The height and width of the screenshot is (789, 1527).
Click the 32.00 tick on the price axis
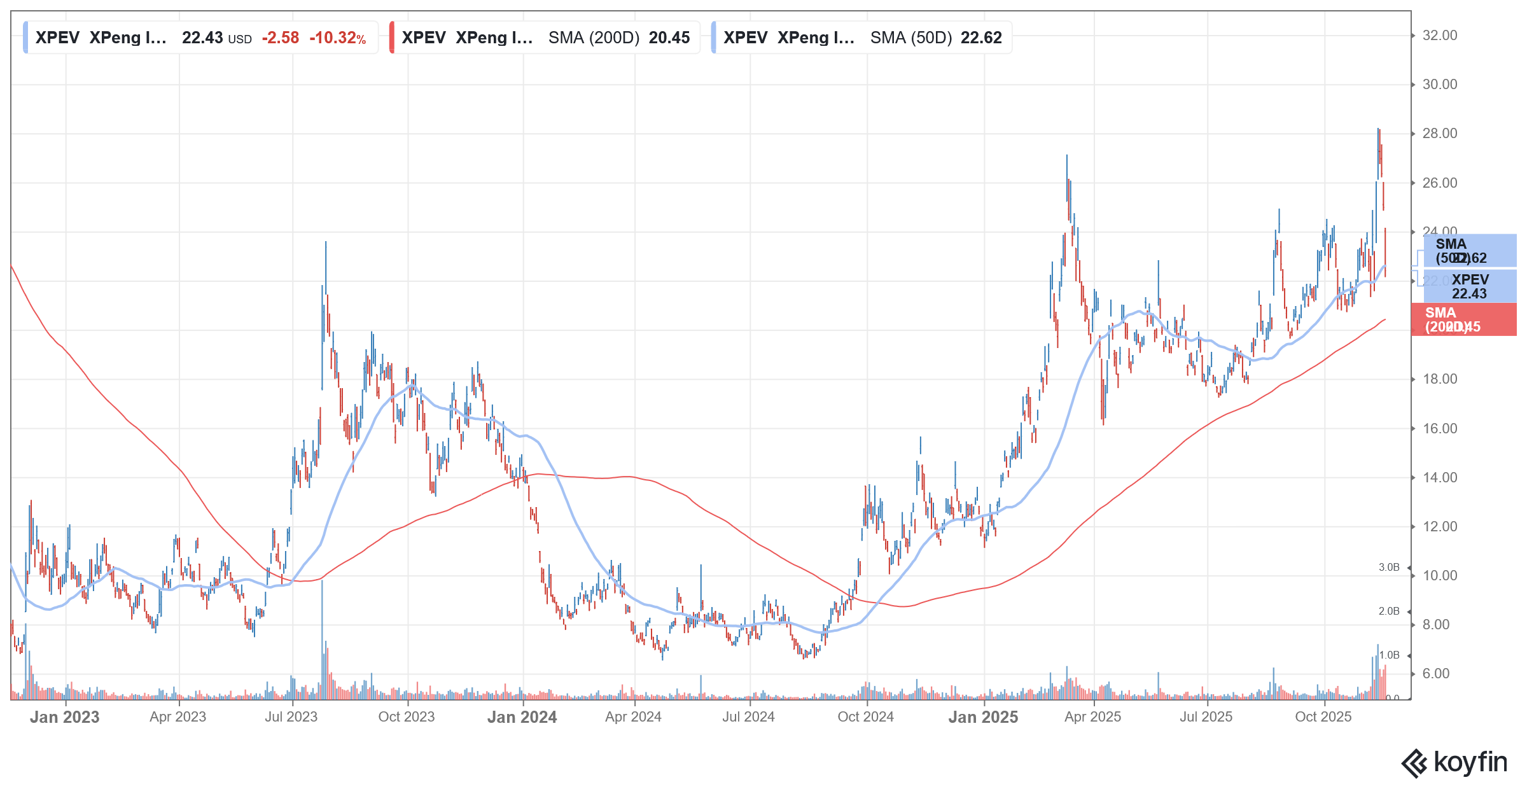click(x=1439, y=36)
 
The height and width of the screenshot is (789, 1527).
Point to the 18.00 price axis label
click(x=1439, y=379)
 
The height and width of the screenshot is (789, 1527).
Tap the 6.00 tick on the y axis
click(x=1435, y=674)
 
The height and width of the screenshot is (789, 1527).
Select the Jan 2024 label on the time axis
click(x=522, y=717)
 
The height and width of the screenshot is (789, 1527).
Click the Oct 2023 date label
click(x=406, y=717)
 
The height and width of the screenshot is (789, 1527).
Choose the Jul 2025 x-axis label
click(x=1206, y=717)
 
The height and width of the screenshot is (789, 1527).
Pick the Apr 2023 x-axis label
click(x=178, y=717)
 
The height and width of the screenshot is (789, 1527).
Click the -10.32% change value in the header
click(x=337, y=38)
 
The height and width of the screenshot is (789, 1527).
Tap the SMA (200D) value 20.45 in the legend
click(x=669, y=38)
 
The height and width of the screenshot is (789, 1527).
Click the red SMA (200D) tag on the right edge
click(x=1463, y=319)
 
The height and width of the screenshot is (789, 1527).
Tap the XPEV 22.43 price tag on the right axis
click(x=1469, y=286)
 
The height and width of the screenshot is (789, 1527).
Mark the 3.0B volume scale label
click(x=1389, y=568)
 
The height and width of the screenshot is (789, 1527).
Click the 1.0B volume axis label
click(x=1389, y=655)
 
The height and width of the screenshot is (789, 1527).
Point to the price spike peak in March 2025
click(x=1067, y=157)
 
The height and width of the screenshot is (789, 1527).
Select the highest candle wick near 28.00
click(x=1378, y=130)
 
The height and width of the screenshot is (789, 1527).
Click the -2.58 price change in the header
click(x=281, y=38)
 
